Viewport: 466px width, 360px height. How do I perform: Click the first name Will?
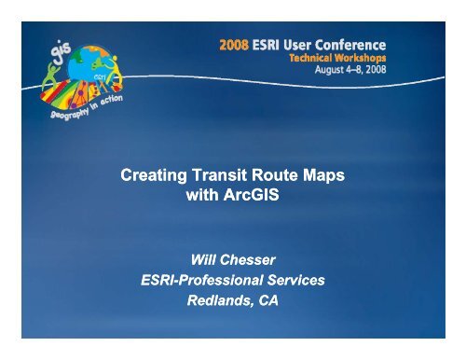[x=199, y=256]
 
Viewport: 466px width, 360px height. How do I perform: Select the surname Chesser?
[x=249, y=256]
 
